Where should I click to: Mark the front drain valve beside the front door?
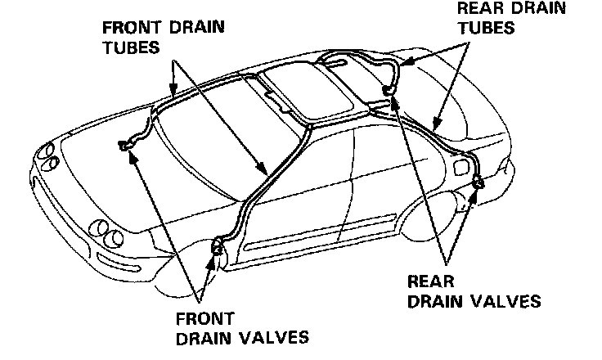218,245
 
